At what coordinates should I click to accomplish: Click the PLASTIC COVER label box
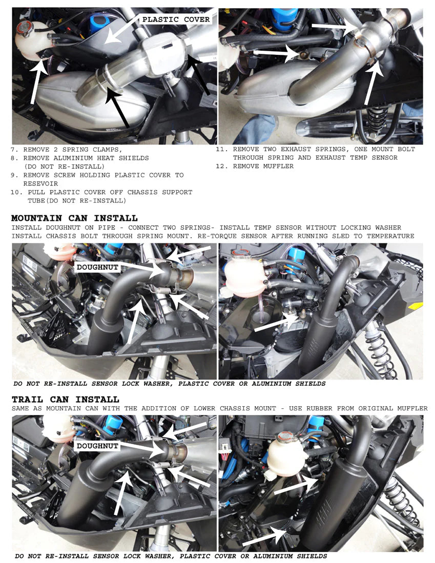176,19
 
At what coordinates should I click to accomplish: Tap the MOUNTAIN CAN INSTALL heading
74,218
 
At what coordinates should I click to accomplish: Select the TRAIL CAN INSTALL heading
65,399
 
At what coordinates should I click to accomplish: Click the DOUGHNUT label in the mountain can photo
97,267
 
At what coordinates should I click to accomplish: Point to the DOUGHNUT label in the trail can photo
97,446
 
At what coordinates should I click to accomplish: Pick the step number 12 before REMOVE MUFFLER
221,166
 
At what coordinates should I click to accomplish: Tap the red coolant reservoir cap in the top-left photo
24,27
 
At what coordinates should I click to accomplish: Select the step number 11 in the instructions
221,149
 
